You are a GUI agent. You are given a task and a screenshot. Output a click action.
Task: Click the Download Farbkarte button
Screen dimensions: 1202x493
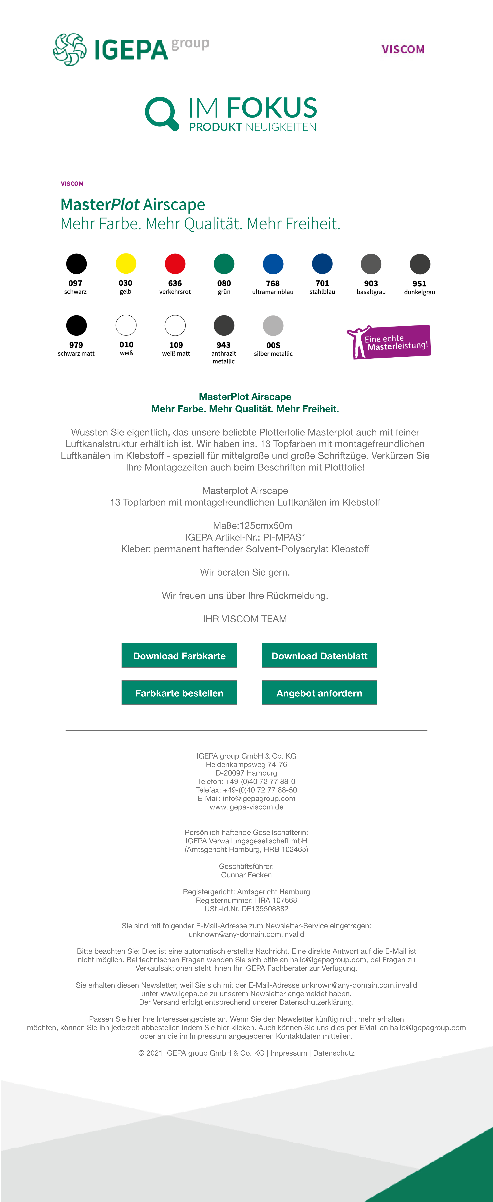[179, 656]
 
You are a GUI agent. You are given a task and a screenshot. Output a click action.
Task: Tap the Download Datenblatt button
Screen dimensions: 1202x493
[319, 656]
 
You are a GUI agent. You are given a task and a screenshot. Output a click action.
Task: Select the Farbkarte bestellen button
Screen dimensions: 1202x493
[179, 693]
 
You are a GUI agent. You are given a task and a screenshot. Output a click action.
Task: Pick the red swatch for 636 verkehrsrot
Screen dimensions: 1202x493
[175, 264]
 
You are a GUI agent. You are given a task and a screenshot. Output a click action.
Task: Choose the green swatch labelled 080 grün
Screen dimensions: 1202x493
[224, 264]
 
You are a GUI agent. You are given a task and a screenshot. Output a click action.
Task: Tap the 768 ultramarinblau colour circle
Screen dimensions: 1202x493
[273, 264]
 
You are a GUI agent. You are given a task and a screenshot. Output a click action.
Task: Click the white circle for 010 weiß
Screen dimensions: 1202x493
[126, 325]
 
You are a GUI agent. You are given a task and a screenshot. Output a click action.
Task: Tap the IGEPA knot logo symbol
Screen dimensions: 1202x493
[70, 49]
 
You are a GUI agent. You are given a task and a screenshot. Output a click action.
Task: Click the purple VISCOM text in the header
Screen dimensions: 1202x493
[403, 49]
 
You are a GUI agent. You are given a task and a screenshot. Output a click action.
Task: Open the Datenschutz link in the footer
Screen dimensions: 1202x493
[334, 1053]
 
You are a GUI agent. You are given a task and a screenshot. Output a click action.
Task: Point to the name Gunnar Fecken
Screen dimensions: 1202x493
[246, 875]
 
